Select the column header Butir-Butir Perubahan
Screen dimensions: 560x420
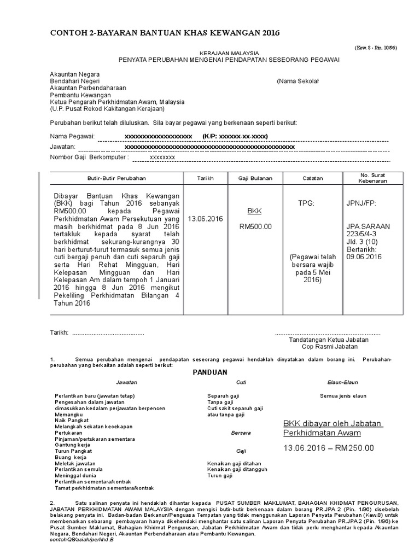117,178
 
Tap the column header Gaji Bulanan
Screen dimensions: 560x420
252,178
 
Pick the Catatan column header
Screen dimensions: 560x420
313,178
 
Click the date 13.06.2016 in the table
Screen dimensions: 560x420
206,219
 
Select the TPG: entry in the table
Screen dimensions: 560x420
306,203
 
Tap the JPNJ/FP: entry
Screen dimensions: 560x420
361,203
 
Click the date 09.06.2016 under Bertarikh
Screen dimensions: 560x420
360,256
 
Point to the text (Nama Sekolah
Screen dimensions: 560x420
297,81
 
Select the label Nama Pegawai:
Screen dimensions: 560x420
72,136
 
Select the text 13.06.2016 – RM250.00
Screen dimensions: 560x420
329,448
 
